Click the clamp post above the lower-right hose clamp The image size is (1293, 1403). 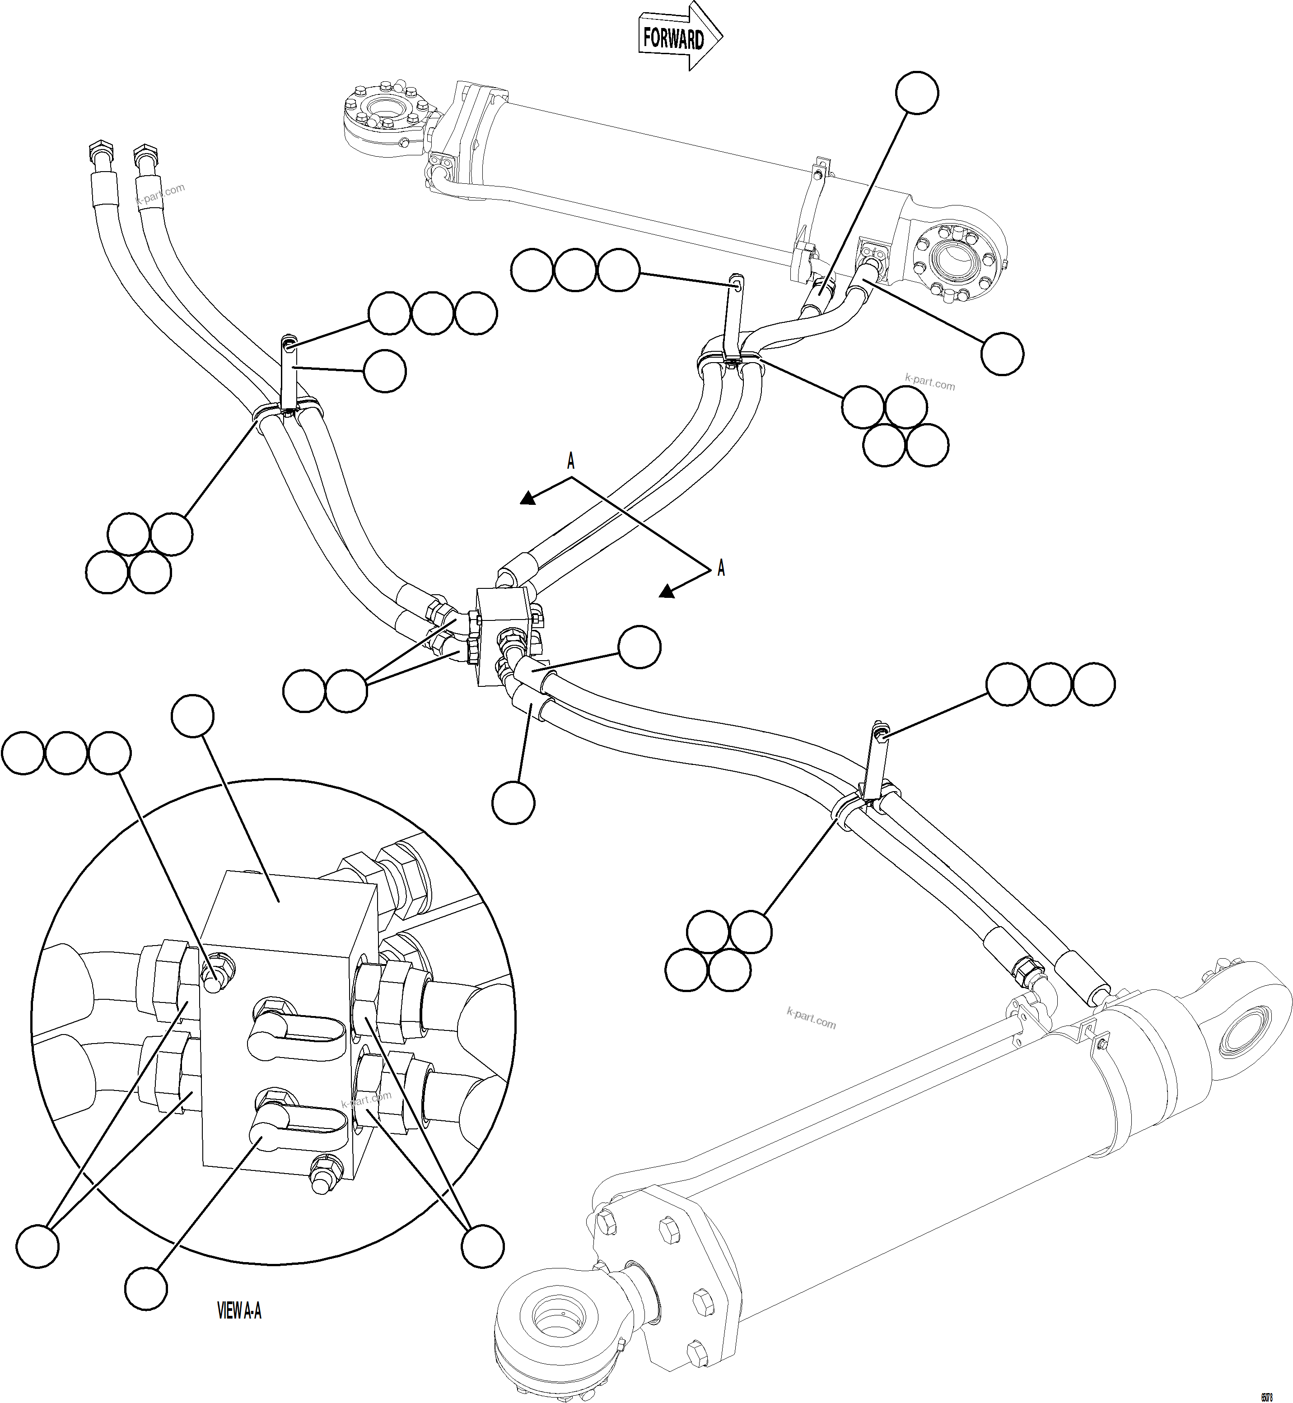pyautogui.click(x=875, y=762)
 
